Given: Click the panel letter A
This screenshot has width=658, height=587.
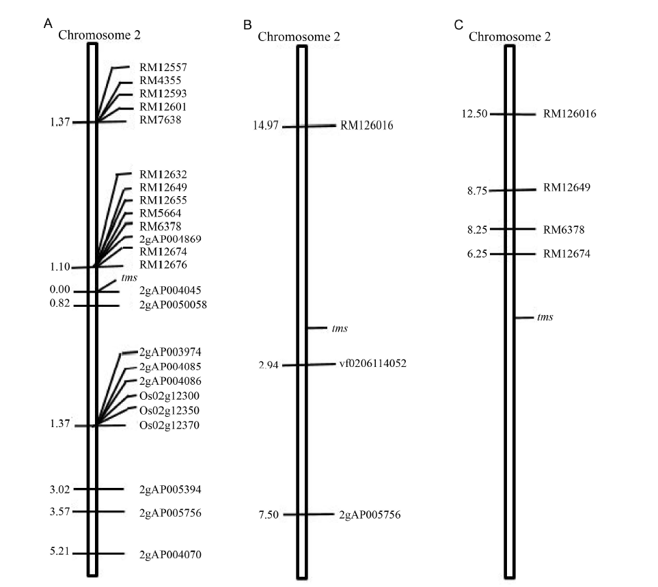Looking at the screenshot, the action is coord(48,23).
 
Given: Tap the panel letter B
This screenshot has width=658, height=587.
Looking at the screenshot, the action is coord(247,25).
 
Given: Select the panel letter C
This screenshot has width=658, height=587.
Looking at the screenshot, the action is coord(458,25).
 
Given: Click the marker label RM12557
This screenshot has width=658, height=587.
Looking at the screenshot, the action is coord(163,67).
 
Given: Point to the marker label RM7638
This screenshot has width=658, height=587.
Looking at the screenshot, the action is coord(161,120).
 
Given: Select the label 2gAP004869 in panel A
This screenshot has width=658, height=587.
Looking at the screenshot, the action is coord(170,238).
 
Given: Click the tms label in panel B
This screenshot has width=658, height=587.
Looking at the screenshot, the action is coord(340,328).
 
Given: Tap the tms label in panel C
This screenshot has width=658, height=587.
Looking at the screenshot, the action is coord(545,317).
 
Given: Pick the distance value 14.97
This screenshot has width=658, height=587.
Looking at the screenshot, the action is coord(266,126).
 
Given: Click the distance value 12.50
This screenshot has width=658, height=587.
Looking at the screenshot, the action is coord(475,113).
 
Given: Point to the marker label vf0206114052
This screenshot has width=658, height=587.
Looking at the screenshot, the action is coord(373,364).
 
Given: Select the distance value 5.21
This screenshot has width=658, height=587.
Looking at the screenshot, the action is coord(59,551).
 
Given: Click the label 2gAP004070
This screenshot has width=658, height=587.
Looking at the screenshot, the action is coord(170,555).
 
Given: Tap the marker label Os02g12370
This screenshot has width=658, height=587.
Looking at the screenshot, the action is coord(169,426).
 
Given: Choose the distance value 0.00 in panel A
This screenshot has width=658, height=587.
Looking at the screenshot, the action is coord(59,290).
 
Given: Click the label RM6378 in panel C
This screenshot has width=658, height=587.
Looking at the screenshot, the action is coord(564,230).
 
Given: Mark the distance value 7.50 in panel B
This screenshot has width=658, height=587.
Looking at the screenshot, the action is coord(269,515).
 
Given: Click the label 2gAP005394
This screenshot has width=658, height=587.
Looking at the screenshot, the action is coord(170,489).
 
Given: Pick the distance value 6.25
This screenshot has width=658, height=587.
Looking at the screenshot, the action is coord(477,254).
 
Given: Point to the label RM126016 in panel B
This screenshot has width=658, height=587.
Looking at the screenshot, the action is coord(367,126).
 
